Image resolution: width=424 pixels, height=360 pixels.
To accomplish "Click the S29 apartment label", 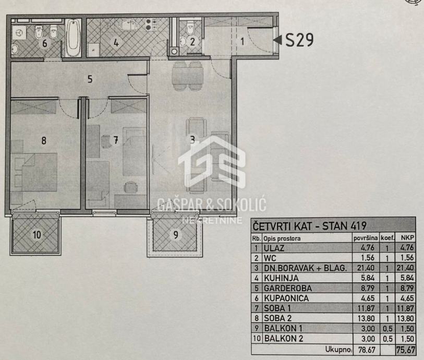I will tap(299, 40).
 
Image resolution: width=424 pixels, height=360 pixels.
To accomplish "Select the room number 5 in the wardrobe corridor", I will tap(90, 79).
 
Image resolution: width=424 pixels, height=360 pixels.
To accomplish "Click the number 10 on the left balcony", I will tap(37, 234).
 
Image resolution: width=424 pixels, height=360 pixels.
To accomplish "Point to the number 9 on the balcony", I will tap(176, 235).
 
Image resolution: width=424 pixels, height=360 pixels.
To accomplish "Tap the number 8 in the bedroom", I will tap(44, 140).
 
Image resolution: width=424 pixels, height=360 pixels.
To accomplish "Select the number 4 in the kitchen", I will tap(116, 43).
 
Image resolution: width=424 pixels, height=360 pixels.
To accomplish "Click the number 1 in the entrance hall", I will tap(242, 40).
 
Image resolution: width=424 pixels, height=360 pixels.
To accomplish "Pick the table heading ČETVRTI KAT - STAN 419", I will tap(310, 226).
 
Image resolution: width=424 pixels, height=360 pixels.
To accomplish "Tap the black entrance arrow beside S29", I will tap(278, 40).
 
